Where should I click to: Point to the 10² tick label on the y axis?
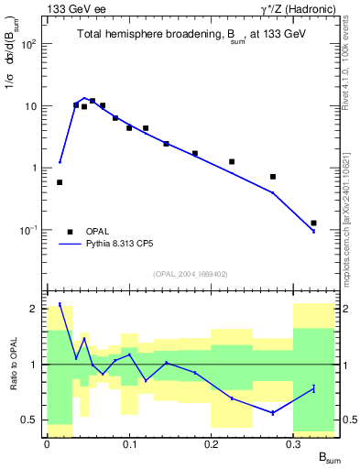(x=30, y=43)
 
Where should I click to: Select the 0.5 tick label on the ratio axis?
(x=30, y=420)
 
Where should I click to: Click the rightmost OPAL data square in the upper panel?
(x=313, y=223)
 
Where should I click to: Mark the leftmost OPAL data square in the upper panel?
(x=60, y=182)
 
